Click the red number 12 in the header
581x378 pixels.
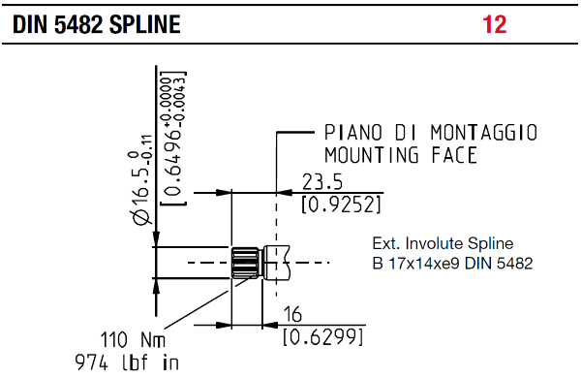point(494,24)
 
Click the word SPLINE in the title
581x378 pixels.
point(145,24)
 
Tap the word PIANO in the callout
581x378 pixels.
point(352,133)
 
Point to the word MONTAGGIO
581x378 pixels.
point(484,133)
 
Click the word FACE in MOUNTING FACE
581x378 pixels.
point(454,155)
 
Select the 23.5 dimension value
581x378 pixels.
point(322,182)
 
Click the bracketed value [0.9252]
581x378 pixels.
point(341,205)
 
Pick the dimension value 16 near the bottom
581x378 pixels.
point(292,315)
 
